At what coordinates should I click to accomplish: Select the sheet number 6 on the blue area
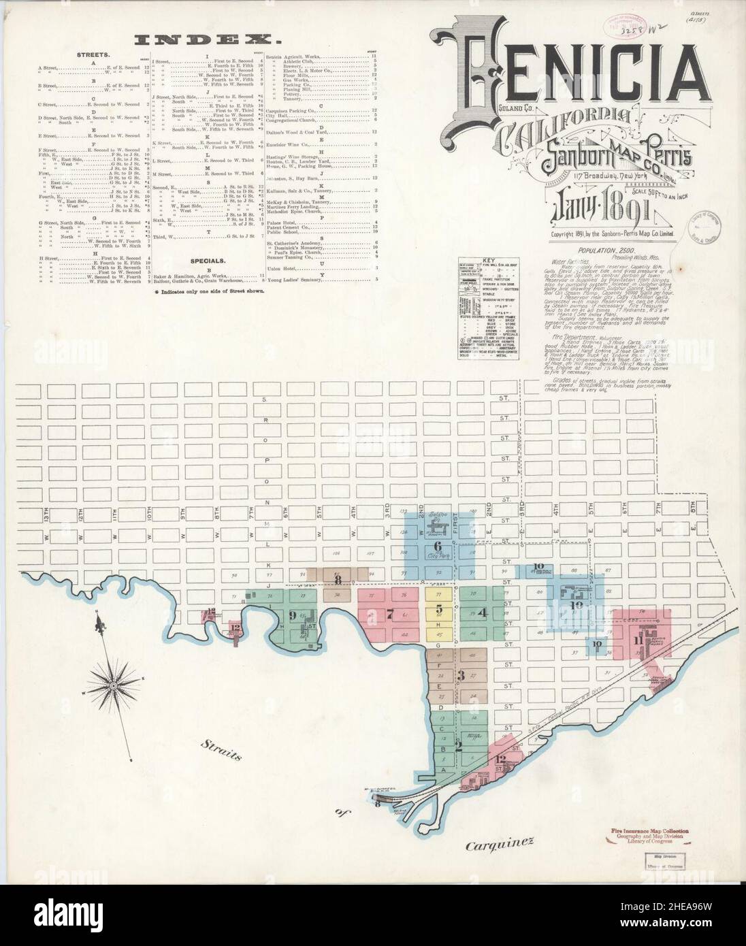[x=437, y=547]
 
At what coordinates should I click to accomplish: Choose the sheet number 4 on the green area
[x=483, y=612]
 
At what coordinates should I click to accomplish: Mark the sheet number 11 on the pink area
[x=639, y=640]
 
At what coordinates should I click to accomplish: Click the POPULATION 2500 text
[x=591, y=251]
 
